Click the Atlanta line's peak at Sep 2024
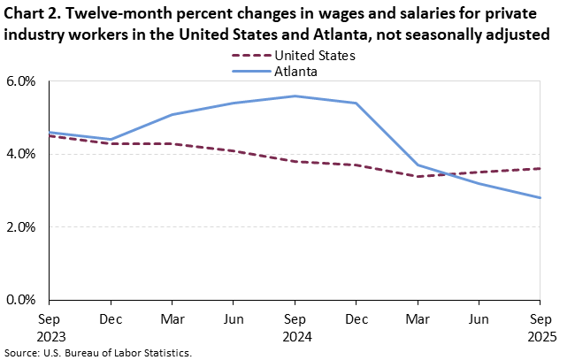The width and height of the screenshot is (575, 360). tap(295, 96)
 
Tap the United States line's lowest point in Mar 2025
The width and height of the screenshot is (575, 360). tap(418, 176)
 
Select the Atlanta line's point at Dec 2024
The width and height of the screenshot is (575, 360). tap(356, 103)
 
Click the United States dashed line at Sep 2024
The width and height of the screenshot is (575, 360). tap(295, 162)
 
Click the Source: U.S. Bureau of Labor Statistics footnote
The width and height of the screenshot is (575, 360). tap(97, 352)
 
